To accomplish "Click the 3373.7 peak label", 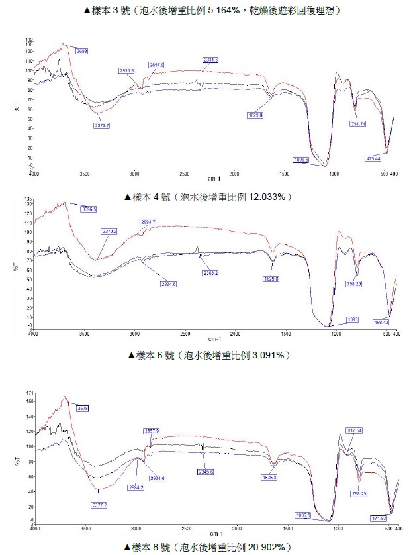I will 103,125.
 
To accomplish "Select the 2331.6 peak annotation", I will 210,60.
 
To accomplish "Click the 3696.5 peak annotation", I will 89,209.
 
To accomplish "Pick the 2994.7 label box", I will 148,221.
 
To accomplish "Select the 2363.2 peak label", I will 210,273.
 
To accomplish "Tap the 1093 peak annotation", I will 352,319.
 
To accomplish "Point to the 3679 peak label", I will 83,408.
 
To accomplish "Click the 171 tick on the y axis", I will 28,393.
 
